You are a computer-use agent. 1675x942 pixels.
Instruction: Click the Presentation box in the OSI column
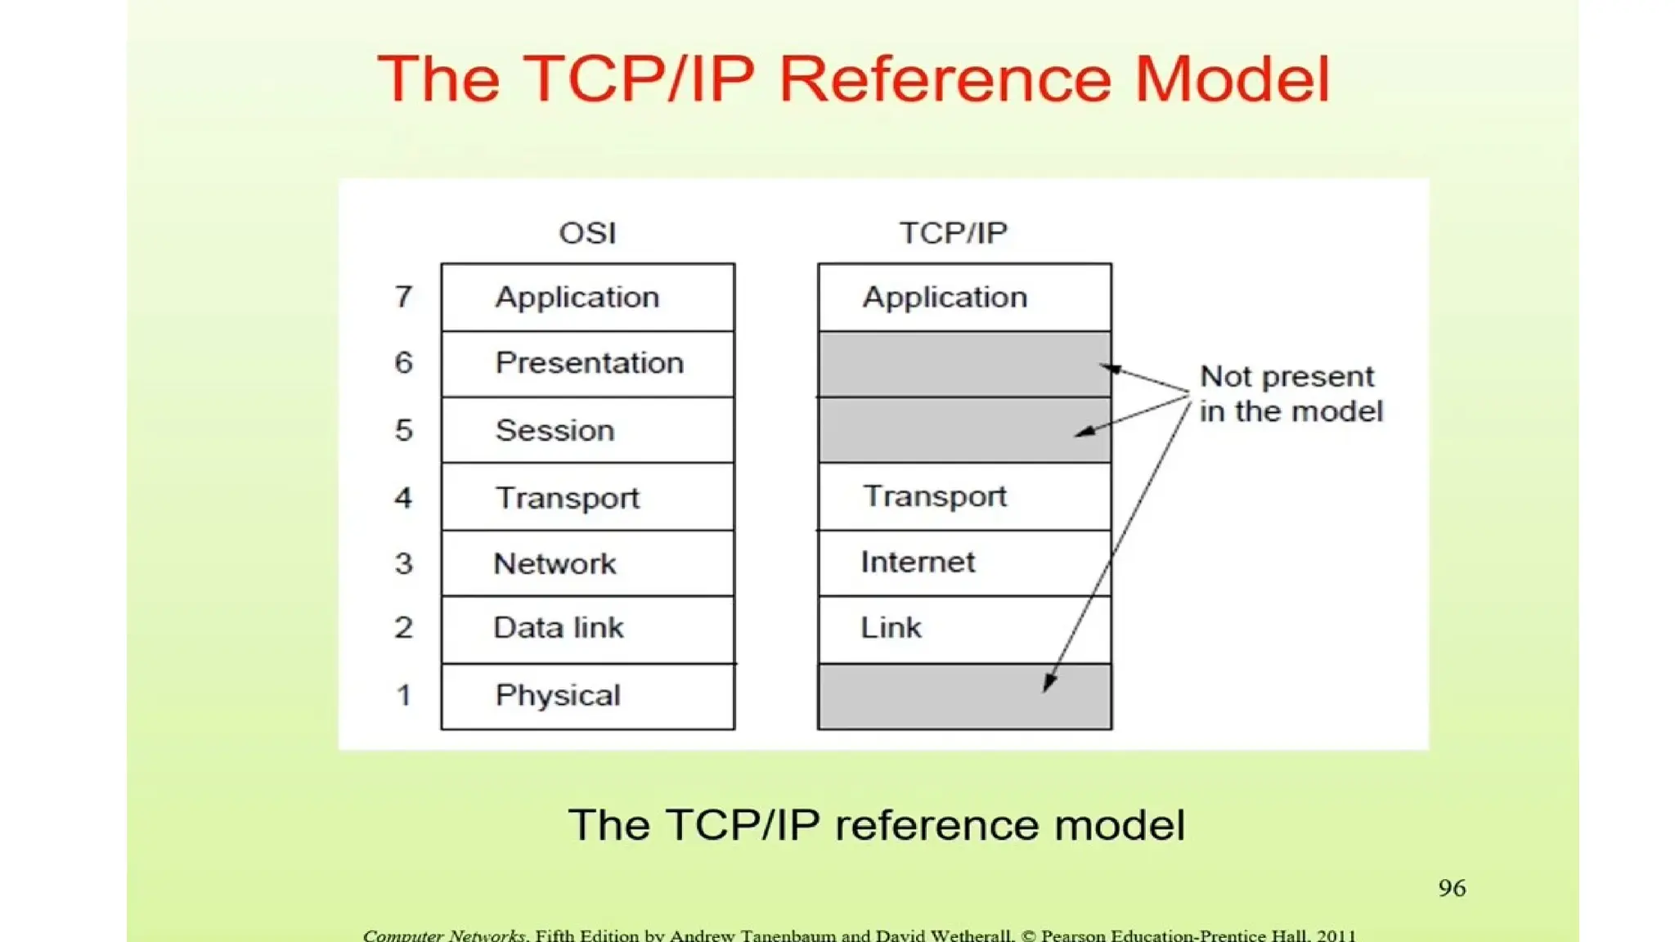pos(588,364)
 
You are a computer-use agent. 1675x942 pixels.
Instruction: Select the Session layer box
pos(588,430)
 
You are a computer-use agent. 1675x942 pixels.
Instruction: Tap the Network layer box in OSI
pos(588,563)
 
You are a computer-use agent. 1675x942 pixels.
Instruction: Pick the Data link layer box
pos(588,629)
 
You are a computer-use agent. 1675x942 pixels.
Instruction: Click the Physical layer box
pos(588,696)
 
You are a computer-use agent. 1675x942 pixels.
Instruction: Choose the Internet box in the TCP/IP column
pos(964,563)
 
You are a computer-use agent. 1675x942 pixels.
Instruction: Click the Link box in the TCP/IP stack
pos(964,629)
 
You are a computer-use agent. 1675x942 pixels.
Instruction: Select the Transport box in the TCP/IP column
pos(964,496)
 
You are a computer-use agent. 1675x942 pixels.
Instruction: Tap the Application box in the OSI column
pos(588,297)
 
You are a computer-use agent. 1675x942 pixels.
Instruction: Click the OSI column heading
pos(587,233)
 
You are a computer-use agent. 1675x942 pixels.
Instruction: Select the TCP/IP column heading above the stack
pos(953,233)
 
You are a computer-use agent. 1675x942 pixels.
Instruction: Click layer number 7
pos(403,296)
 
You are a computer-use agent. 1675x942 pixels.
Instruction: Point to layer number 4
pos(403,497)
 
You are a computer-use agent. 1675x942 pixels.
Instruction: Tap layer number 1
pos(403,695)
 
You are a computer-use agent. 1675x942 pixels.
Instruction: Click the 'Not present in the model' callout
pos(1291,393)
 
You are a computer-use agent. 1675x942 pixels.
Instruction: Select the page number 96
pos(1452,888)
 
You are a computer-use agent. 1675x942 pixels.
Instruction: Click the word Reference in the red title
pos(944,79)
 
